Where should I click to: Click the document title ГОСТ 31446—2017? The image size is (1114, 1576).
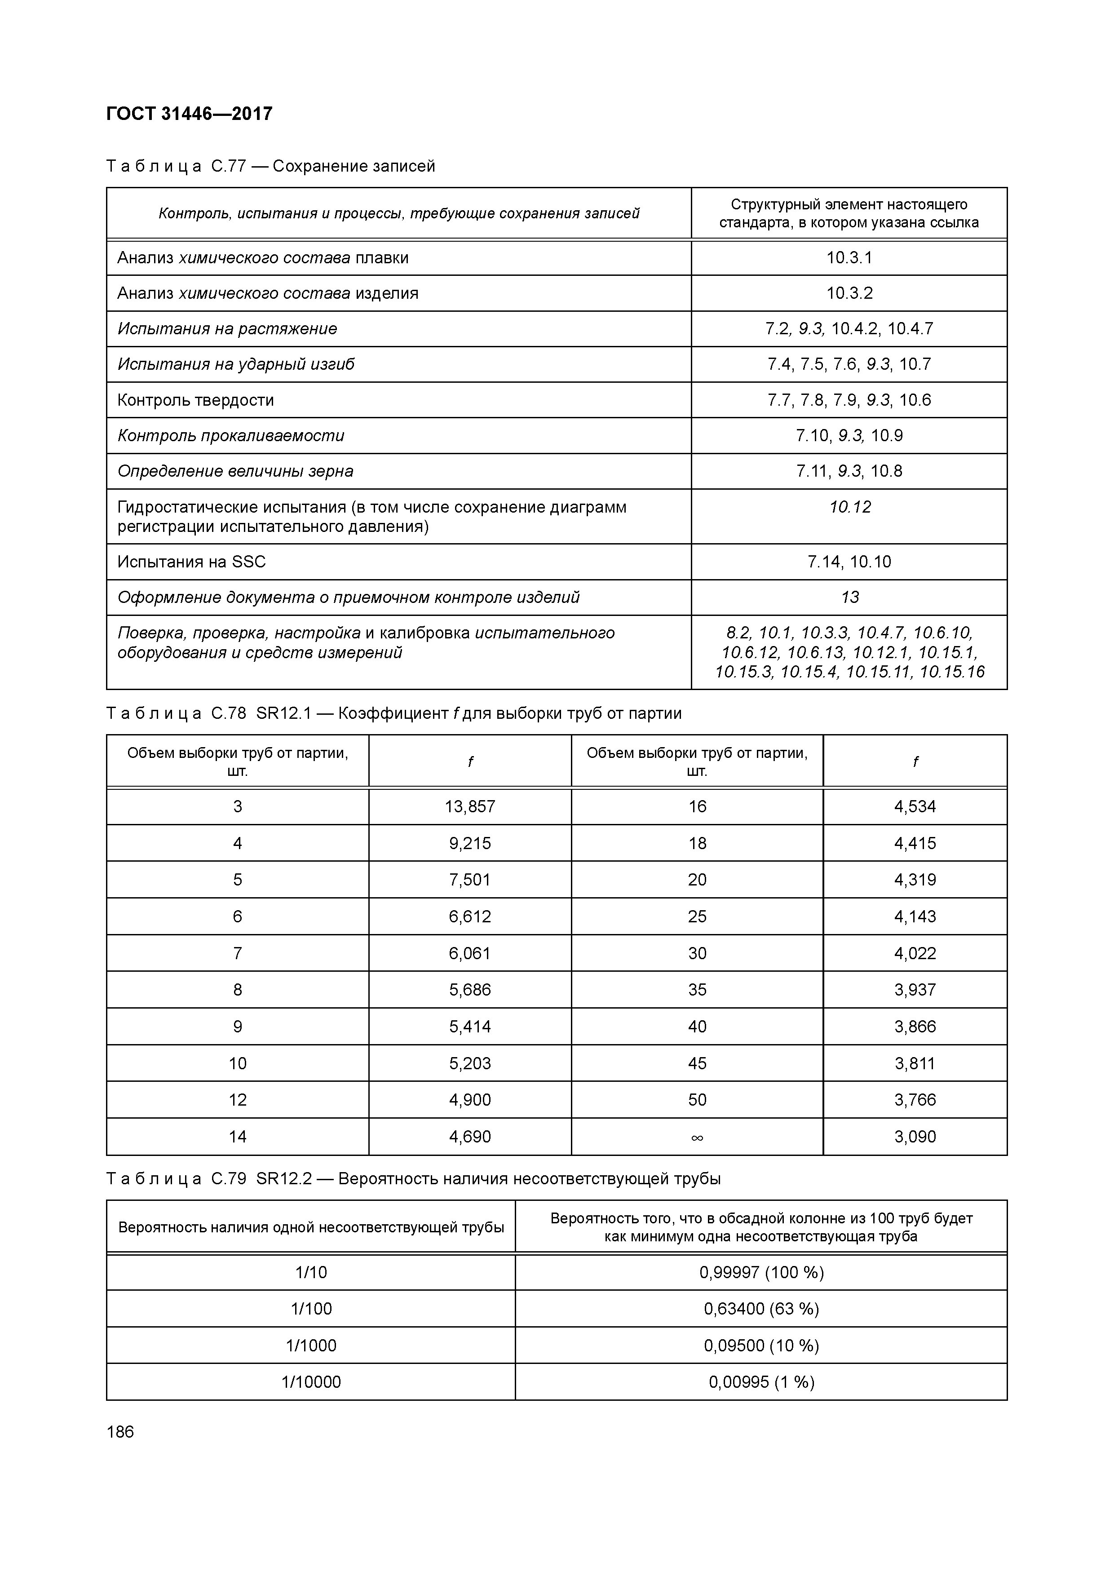[x=190, y=113]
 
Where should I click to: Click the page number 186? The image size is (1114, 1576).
[x=121, y=1432]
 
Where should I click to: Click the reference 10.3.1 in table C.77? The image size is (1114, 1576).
[x=849, y=258]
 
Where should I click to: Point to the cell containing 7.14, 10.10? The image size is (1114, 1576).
[x=849, y=562]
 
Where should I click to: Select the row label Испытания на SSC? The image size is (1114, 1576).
[x=191, y=562]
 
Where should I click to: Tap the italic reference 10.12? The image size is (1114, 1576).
[x=849, y=507]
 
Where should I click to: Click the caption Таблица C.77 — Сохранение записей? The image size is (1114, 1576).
[x=271, y=166]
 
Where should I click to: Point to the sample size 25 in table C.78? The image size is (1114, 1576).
[x=697, y=917]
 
